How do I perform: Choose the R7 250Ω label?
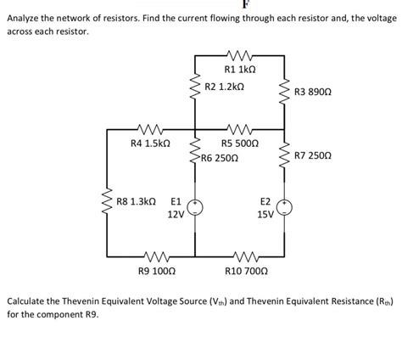(x=314, y=156)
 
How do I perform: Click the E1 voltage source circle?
(x=196, y=205)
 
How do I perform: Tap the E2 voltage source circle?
(x=285, y=205)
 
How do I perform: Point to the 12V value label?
(x=176, y=215)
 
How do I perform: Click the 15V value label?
(x=265, y=215)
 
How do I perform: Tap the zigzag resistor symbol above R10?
(x=245, y=255)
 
